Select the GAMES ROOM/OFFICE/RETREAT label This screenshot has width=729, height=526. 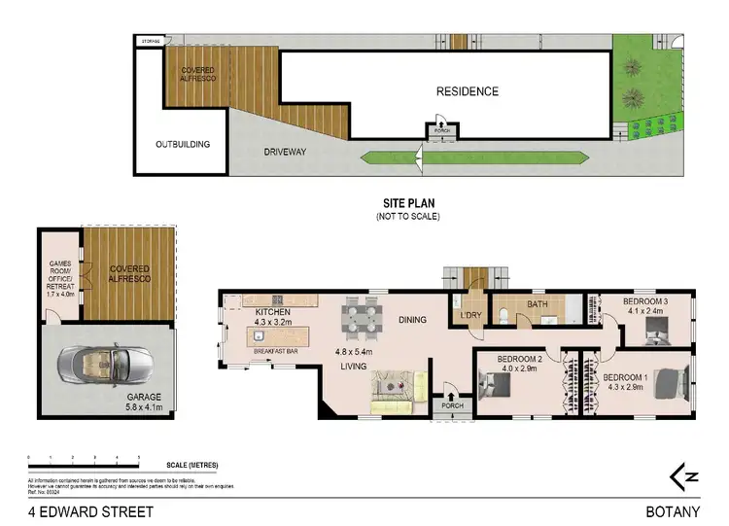58,277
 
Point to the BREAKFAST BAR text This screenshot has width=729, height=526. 275,350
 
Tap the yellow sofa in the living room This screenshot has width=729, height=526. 396,386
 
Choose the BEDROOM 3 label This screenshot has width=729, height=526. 644,307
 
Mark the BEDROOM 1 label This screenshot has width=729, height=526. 625,381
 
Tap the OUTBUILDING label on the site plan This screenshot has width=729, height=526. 183,145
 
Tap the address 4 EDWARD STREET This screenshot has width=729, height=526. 91,510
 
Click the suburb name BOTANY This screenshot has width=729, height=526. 673,510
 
